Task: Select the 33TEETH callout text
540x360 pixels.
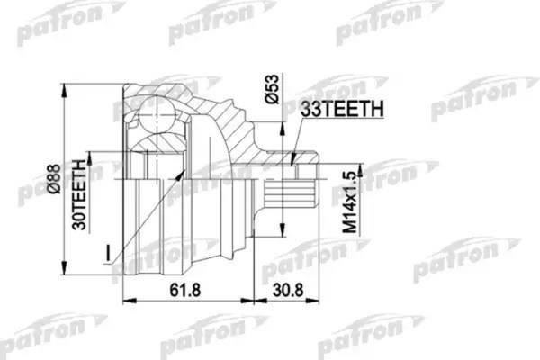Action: point(341,109)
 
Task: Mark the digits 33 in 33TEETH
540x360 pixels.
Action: point(309,109)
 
